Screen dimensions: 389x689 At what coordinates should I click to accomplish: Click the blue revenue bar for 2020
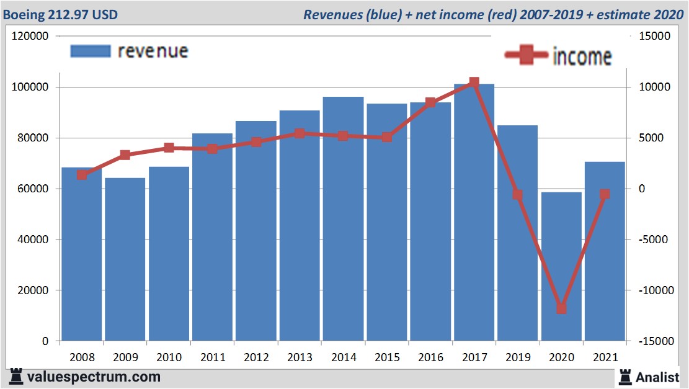561,267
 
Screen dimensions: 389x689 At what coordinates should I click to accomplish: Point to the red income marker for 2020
561,308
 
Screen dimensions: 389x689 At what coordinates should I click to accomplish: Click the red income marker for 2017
474,82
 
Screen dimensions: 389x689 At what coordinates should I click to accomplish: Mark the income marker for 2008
81,175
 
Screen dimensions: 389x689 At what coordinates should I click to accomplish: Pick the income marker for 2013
300,133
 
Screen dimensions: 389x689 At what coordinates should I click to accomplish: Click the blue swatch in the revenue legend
91,51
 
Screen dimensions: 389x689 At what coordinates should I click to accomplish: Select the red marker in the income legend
527,56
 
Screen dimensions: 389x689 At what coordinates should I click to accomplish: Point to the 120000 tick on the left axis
30,37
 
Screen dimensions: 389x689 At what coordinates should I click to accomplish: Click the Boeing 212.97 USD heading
60,14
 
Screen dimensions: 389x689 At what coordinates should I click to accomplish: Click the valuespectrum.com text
93,377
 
